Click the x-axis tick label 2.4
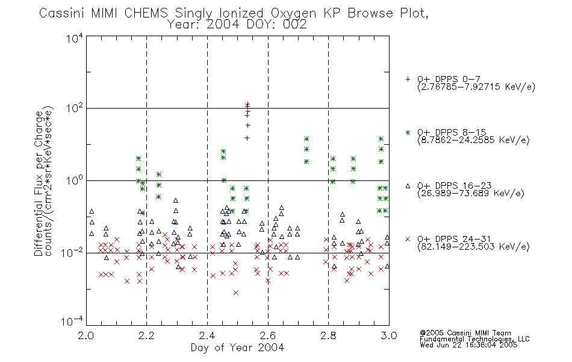pos(207,335)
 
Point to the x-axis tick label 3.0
pos(389,335)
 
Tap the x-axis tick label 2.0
pos(85,335)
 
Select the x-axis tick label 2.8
pos(328,335)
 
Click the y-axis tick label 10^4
pos(75,38)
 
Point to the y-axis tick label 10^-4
pos(72,321)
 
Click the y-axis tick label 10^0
pos(75,180)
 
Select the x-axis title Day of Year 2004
pos(237,348)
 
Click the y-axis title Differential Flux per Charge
pos(39,183)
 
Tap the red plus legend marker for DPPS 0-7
pos(408,79)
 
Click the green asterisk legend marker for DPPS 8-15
pos(408,132)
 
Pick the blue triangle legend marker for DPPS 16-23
pos(408,186)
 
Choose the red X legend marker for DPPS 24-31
pos(408,239)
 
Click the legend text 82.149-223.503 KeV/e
pos(473,247)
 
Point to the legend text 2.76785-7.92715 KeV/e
pos(476,87)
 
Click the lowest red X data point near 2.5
pos(236,293)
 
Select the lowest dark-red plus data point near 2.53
pos(247,138)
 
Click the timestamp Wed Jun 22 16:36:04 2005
pos(468,345)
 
